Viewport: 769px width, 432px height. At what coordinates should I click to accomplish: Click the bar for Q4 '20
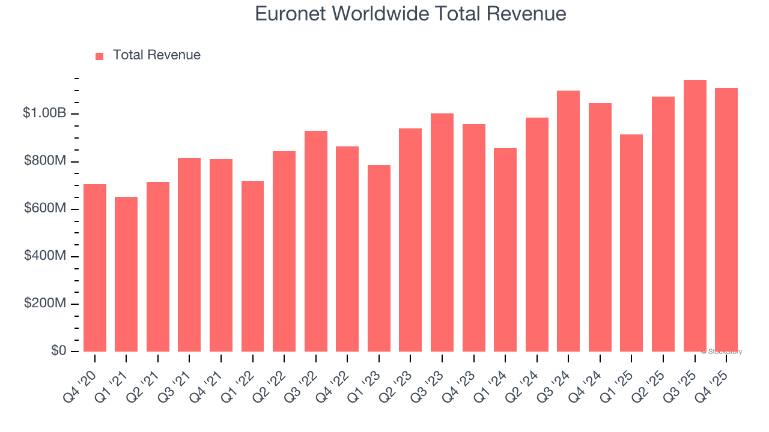click(x=95, y=268)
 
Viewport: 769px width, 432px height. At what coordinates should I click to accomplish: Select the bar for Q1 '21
click(x=126, y=274)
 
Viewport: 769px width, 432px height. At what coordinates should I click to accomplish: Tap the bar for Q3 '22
click(x=316, y=241)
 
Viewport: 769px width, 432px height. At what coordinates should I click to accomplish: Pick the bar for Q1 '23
click(x=379, y=258)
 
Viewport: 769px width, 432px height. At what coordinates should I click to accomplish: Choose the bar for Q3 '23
click(x=442, y=232)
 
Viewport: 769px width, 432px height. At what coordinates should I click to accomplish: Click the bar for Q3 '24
click(x=568, y=221)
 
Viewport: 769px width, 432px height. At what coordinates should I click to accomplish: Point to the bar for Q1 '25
click(x=631, y=243)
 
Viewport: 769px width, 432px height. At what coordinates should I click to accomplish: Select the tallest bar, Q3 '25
click(x=695, y=215)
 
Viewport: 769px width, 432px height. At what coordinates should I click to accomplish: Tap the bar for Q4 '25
click(x=726, y=220)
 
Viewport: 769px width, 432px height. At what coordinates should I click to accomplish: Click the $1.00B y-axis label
click(x=45, y=113)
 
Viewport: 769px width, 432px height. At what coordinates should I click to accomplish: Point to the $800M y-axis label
click(x=45, y=161)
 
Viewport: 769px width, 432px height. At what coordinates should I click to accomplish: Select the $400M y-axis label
click(x=45, y=256)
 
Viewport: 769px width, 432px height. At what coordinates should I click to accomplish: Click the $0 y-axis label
click(x=58, y=351)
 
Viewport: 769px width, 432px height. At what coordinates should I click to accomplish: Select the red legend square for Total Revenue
click(x=100, y=56)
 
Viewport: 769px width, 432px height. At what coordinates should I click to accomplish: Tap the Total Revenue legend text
click(x=156, y=55)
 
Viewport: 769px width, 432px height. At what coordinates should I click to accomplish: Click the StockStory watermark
click(x=722, y=352)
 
